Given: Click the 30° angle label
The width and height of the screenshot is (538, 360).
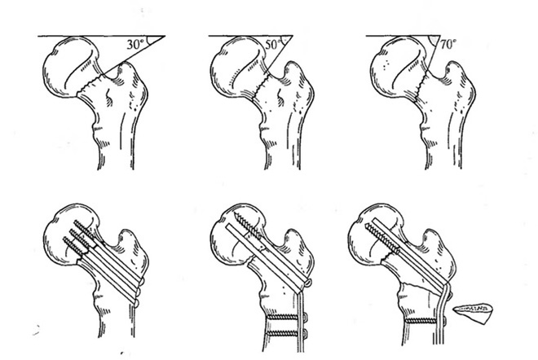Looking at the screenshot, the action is pos(134,45).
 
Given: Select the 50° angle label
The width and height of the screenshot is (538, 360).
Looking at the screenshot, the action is pos(273,45).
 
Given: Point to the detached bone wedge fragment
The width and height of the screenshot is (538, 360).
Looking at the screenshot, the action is pos(474,313).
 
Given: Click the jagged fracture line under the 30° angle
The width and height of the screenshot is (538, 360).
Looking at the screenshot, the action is pos(91,84).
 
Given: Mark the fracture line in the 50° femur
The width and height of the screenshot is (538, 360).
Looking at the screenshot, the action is pos(259,86).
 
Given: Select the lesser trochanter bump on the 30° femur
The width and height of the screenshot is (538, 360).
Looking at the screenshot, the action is pos(96,130).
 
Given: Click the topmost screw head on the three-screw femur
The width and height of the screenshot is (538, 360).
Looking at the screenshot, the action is pos(141,282).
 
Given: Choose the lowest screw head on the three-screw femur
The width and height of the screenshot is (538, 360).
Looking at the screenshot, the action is pos(136,303).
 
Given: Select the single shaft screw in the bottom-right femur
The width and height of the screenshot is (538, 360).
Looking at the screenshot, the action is pos(425,321).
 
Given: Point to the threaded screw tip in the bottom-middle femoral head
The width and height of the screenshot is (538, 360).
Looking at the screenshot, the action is pos(248,226).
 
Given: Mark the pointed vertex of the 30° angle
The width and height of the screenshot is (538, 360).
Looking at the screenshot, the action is pos(165,36).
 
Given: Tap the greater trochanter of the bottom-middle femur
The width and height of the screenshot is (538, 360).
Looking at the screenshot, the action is pos(298,250).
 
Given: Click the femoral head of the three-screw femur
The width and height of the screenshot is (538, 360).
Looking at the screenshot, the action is pos(68,235).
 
